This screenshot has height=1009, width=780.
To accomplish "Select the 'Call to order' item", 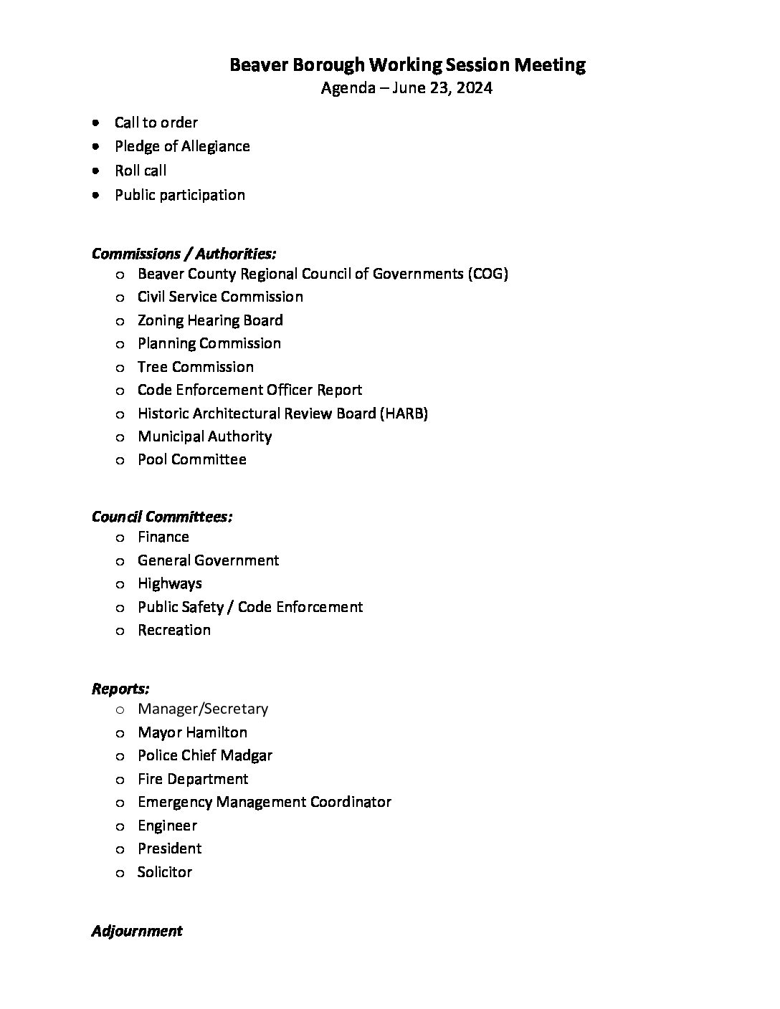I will pyautogui.click(x=156, y=123).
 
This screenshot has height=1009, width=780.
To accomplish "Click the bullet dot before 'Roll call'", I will pyautogui.click(x=96, y=171).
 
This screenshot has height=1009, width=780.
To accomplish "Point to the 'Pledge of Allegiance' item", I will pyautogui.click(x=182, y=146).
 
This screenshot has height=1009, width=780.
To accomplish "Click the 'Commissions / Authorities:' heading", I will pyautogui.click(x=184, y=254).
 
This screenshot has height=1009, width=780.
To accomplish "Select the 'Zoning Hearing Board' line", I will pyautogui.click(x=210, y=320).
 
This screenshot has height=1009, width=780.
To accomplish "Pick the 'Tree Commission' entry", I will pyautogui.click(x=195, y=367).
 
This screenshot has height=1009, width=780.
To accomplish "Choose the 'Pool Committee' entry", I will pyautogui.click(x=191, y=459).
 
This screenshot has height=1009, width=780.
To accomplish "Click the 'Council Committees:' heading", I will pyautogui.click(x=162, y=517).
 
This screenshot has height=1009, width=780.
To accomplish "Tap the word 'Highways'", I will pyautogui.click(x=169, y=583).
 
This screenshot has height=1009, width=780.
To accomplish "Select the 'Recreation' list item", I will pyautogui.click(x=174, y=630).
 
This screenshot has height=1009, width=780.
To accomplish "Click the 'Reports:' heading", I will pyautogui.click(x=120, y=689).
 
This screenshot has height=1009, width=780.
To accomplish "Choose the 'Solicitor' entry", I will pyautogui.click(x=165, y=872).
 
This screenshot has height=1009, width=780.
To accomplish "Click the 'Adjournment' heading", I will pyautogui.click(x=137, y=931).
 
